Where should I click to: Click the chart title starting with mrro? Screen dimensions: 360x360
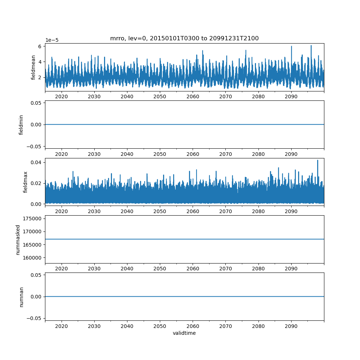coord(184,39)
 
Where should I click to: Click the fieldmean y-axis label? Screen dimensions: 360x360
coord(33,67)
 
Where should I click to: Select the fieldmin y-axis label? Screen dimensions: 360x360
coord(21,125)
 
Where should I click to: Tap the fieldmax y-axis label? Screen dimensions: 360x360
coord(26,182)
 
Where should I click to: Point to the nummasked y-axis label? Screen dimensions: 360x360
coord(18,239)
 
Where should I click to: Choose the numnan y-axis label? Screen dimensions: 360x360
coord(21,297)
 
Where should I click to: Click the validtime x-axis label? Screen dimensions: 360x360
coord(184,333)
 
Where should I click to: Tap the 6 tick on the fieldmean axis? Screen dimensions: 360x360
coord(41,46)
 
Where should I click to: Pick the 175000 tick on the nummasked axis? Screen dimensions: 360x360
coord(32,219)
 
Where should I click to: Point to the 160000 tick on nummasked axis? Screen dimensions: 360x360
coord(32,258)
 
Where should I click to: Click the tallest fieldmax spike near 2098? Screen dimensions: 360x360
coord(318,161)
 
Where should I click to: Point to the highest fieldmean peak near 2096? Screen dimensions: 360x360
coord(311,46)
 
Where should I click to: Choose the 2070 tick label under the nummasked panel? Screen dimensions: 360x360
coord(225,269)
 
